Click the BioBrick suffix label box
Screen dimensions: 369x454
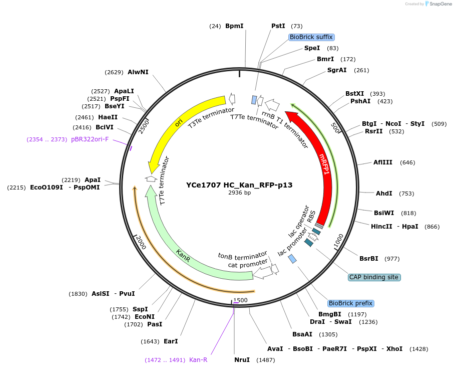pos(311,37)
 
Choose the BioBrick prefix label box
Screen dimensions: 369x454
pos(350,303)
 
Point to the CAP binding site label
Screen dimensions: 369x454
pos(374,277)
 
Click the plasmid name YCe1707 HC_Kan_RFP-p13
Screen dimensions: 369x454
pos(239,184)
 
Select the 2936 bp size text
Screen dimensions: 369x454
pos(239,193)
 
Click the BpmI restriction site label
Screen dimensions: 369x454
pos(234,26)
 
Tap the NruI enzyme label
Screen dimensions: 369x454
pos(242,360)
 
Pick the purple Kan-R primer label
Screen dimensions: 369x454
pos(198,360)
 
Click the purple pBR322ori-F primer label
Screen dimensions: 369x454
pos(90,139)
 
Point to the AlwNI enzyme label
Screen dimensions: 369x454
pos(138,72)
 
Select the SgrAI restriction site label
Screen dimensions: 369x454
pos(337,70)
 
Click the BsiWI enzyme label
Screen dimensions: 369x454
pos(383,213)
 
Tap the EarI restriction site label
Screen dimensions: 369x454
pos(171,341)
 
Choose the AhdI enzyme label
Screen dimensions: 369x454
pos(384,194)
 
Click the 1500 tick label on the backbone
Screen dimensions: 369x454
pos(240,300)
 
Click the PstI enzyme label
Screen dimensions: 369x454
pos(278,26)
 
